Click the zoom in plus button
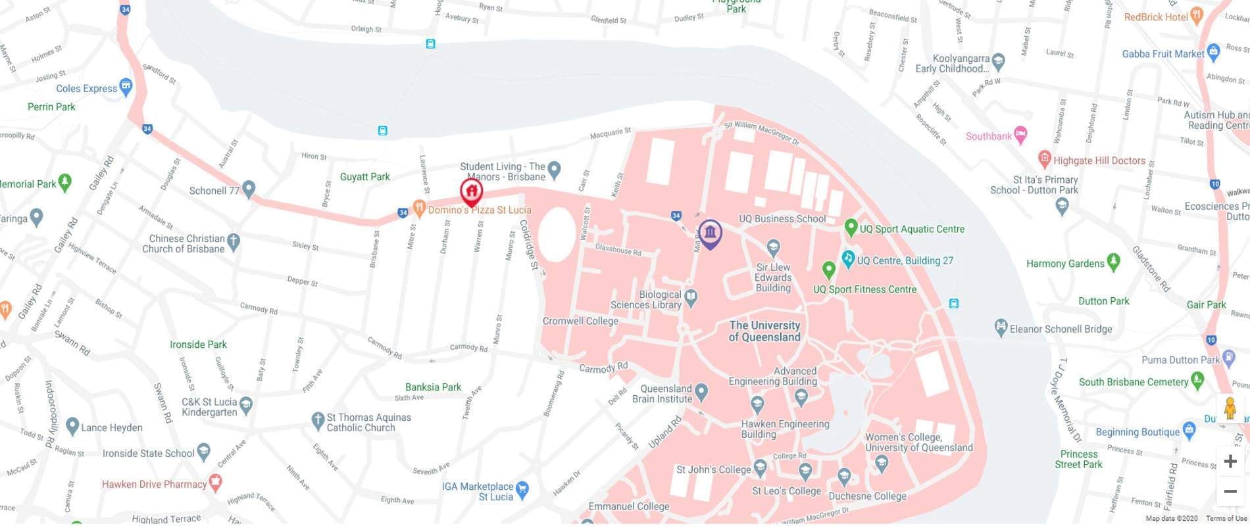(x=1230, y=462)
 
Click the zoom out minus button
(x=1230, y=491)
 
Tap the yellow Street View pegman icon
(x=1230, y=408)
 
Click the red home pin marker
(x=471, y=193)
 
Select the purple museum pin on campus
(x=710, y=233)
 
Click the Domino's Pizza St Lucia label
(x=479, y=210)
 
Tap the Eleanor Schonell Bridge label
(x=1061, y=329)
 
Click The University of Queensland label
(x=764, y=331)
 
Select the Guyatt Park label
(x=364, y=176)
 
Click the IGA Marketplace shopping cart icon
(x=522, y=489)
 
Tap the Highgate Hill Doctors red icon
(x=1044, y=158)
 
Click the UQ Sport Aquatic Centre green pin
(x=851, y=227)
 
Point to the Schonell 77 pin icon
(x=249, y=189)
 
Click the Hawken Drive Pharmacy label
(x=154, y=484)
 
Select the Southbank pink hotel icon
(x=1020, y=135)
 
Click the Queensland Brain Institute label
(x=662, y=393)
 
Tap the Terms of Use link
(x=1226, y=519)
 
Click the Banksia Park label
(x=433, y=387)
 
